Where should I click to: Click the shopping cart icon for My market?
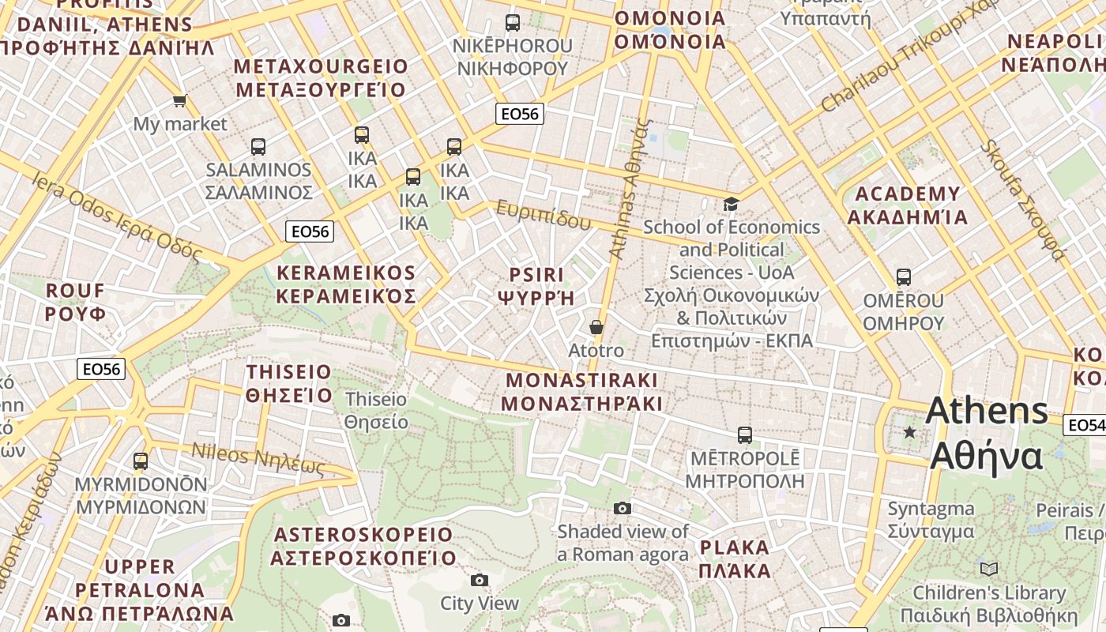pyautogui.click(x=179, y=100)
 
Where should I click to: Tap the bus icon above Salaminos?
pyautogui.click(x=258, y=146)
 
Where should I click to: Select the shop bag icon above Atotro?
pyautogui.click(x=596, y=327)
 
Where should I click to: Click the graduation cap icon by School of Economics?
pyautogui.click(x=731, y=205)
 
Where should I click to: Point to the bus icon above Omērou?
pyautogui.click(x=903, y=277)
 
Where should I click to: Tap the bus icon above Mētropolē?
pyautogui.click(x=744, y=434)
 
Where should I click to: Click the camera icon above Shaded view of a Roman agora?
pyautogui.click(x=623, y=508)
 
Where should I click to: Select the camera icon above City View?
pyautogui.click(x=479, y=581)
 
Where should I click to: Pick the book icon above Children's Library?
pyautogui.click(x=988, y=569)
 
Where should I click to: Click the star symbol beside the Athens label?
pyautogui.click(x=910, y=432)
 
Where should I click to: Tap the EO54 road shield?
pyautogui.click(x=1085, y=425)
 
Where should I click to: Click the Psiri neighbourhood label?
pyautogui.click(x=536, y=286)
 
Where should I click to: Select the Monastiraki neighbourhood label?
pyautogui.click(x=581, y=392)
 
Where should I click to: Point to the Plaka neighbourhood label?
pyautogui.click(x=735, y=559)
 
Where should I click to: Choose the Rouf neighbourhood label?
pyautogui.click(x=75, y=302)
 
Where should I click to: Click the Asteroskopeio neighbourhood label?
pyautogui.click(x=363, y=546)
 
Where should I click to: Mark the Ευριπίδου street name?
pyautogui.click(x=543, y=215)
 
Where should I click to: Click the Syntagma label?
pyautogui.click(x=931, y=520)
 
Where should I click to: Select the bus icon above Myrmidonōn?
pyautogui.click(x=141, y=461)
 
